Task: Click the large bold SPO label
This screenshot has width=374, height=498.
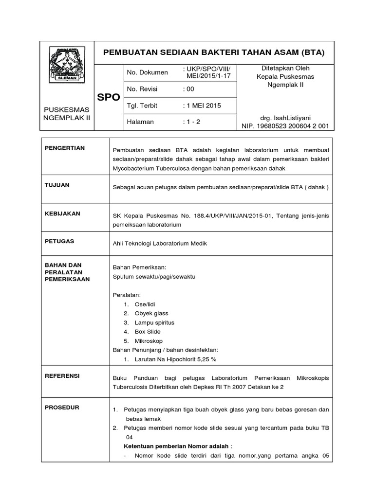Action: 108,97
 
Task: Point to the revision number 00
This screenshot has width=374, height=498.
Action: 188,89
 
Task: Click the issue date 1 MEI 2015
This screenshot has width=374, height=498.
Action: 202,106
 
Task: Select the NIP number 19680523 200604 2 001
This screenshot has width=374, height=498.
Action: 285,126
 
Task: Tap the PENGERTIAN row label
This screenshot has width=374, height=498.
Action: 64,147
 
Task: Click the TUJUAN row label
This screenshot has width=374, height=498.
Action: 56,185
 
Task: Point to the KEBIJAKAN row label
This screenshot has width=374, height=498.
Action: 62,213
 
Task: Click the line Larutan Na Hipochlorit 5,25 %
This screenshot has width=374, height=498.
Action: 169,359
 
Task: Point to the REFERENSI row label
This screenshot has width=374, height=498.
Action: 62,376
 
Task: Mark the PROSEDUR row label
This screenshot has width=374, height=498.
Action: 61,407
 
